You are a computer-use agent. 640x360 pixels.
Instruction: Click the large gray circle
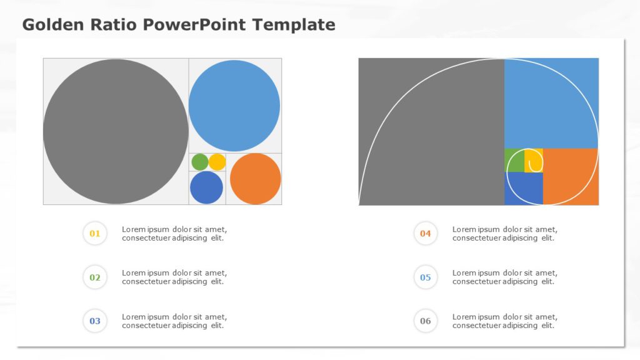coord(116,131)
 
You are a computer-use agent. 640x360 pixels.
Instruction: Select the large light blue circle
coord(234,106)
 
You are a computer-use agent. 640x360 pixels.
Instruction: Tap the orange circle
coord(255,179)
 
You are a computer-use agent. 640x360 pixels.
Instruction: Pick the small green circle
coord(199,162)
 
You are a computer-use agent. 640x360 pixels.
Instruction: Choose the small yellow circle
coord(217,162)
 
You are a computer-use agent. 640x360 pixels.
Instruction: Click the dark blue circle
coord(206,187)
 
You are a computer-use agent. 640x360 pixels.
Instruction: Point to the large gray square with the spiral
coord(431,131)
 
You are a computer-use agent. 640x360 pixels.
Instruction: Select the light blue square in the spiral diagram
coord(551,103)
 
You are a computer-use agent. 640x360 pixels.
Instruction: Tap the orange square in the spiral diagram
coord(570,176)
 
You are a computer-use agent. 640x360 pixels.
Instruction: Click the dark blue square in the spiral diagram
coord(523,188)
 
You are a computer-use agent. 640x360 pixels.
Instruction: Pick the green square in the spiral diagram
coord(514,160)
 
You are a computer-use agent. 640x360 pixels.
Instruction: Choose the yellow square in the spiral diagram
coord(533,160)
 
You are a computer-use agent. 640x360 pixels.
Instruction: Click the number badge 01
coord(95,234)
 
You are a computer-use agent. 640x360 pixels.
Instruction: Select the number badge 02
coord(95,277)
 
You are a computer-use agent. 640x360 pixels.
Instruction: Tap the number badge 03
coord(95,321)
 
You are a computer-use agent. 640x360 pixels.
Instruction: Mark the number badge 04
coord(426,234)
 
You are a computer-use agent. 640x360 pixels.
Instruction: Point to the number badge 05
coord(426,277)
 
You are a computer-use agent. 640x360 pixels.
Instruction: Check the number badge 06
coord(426,321)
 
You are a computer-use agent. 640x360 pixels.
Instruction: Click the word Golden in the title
coord(49,25)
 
